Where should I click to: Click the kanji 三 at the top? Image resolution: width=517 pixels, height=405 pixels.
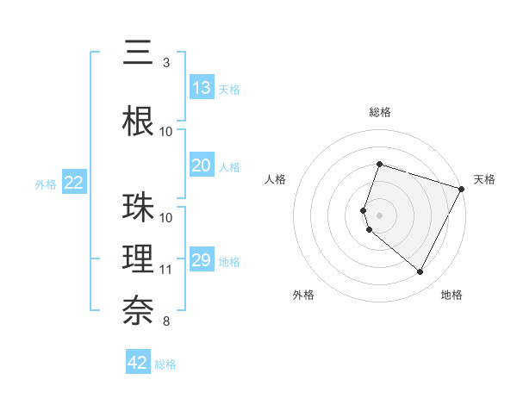pyautogui.click(x=138, y=54)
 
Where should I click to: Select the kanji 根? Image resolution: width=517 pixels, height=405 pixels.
pyautogui.click(x=138, y=121)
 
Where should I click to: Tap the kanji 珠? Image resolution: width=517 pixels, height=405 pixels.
pyautogui.click(x=138, y=208)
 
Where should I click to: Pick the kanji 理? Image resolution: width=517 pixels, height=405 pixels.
pyautogui.click(x=138, y=259)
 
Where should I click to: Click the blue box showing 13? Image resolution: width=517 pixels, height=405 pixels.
pyautogui.click(x=202, y=88)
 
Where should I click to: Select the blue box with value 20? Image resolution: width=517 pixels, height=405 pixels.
pyautogui.click(x=202, y=165)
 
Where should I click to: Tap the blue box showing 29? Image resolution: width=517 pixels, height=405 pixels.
pyautogui.click(x=202, y=260)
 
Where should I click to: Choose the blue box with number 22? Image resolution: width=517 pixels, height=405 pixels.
pyautogui.click(x=74, y=183)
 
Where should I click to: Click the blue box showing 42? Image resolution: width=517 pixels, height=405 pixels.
pyautogui.click(x=138, y=363)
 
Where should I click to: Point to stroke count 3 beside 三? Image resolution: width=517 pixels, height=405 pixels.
pyautogui.click(x=166, y=63)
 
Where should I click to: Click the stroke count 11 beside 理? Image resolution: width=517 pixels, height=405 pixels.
pyautogui.click(x=166, y=270)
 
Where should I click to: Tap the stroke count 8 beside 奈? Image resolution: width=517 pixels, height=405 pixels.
pyautogui.click(x=166, y=321)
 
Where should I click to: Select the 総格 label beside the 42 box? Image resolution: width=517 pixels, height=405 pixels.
pyautogui.click(x=165, y=364)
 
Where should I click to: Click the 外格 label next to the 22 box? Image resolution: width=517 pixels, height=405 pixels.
pyautogui.click(x=46, y=184)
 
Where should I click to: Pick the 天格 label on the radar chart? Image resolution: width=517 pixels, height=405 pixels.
pyautogui.click(x=484, y=179)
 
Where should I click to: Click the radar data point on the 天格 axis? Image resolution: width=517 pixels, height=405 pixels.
pyautogui.click(x=462, y=189)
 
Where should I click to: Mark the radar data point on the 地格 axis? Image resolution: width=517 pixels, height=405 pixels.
pyautogui.click(x=420, y=272)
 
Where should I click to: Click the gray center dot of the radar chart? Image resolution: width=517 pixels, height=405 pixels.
pyautogui.click(x=380, y=215)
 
